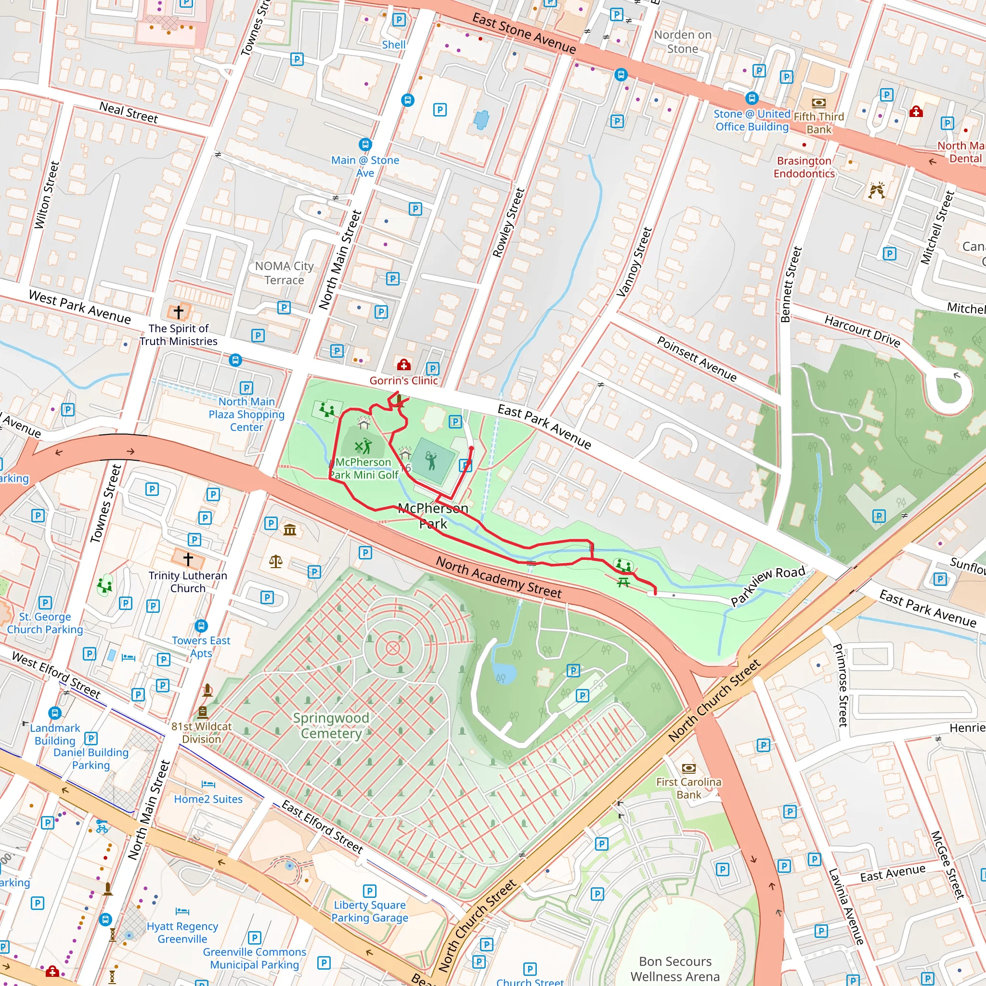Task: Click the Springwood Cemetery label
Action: pyautogui.click(x=331, y=725)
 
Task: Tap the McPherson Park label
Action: pyautogui.click(x=433, y=516)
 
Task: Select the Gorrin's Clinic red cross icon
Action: pyautogui.click(x=403, y=364)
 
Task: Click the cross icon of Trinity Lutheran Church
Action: pyautogui.click(x=188, y=559)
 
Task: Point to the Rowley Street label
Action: pyautogui.click(x=508, y=222)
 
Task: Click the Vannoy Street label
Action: pyautogui.click(x=635, y=262)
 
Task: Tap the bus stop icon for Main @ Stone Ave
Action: pyautogui.click(x=365, y=144)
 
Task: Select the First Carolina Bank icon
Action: pyautogui.click(x=688, y=768)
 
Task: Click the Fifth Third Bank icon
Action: pyautogui.click(x=818, y=103)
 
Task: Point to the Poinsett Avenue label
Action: pyautogui.click(x=697, y=359)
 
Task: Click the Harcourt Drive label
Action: pyautogui.click(x=862, y=331)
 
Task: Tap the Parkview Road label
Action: pyautogui.click(x=767, y=586)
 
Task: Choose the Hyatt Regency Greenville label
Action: pyautogui.click(x=182, y=933)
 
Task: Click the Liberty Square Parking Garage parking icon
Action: pyautogui.click(x=369, y=891)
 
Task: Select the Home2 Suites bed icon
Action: pyautogui.click(x=208, y=784)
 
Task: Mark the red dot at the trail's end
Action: pyautogui.click(x=471, y=449)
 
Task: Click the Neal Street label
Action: pyautogui.click(x=129, y=112)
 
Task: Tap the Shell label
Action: pyautogui.click(x=393, y=45)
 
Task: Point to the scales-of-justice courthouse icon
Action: pyautogui.click(x=275, y=562)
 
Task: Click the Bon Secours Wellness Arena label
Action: pyautogui.click(x=675, y=969)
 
